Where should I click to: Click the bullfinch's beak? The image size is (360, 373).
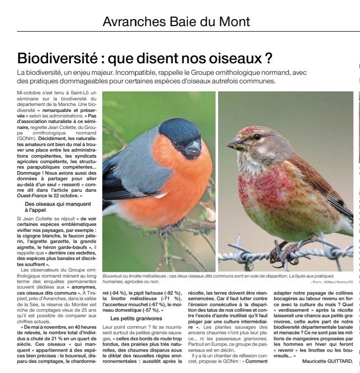pos(193,147)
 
